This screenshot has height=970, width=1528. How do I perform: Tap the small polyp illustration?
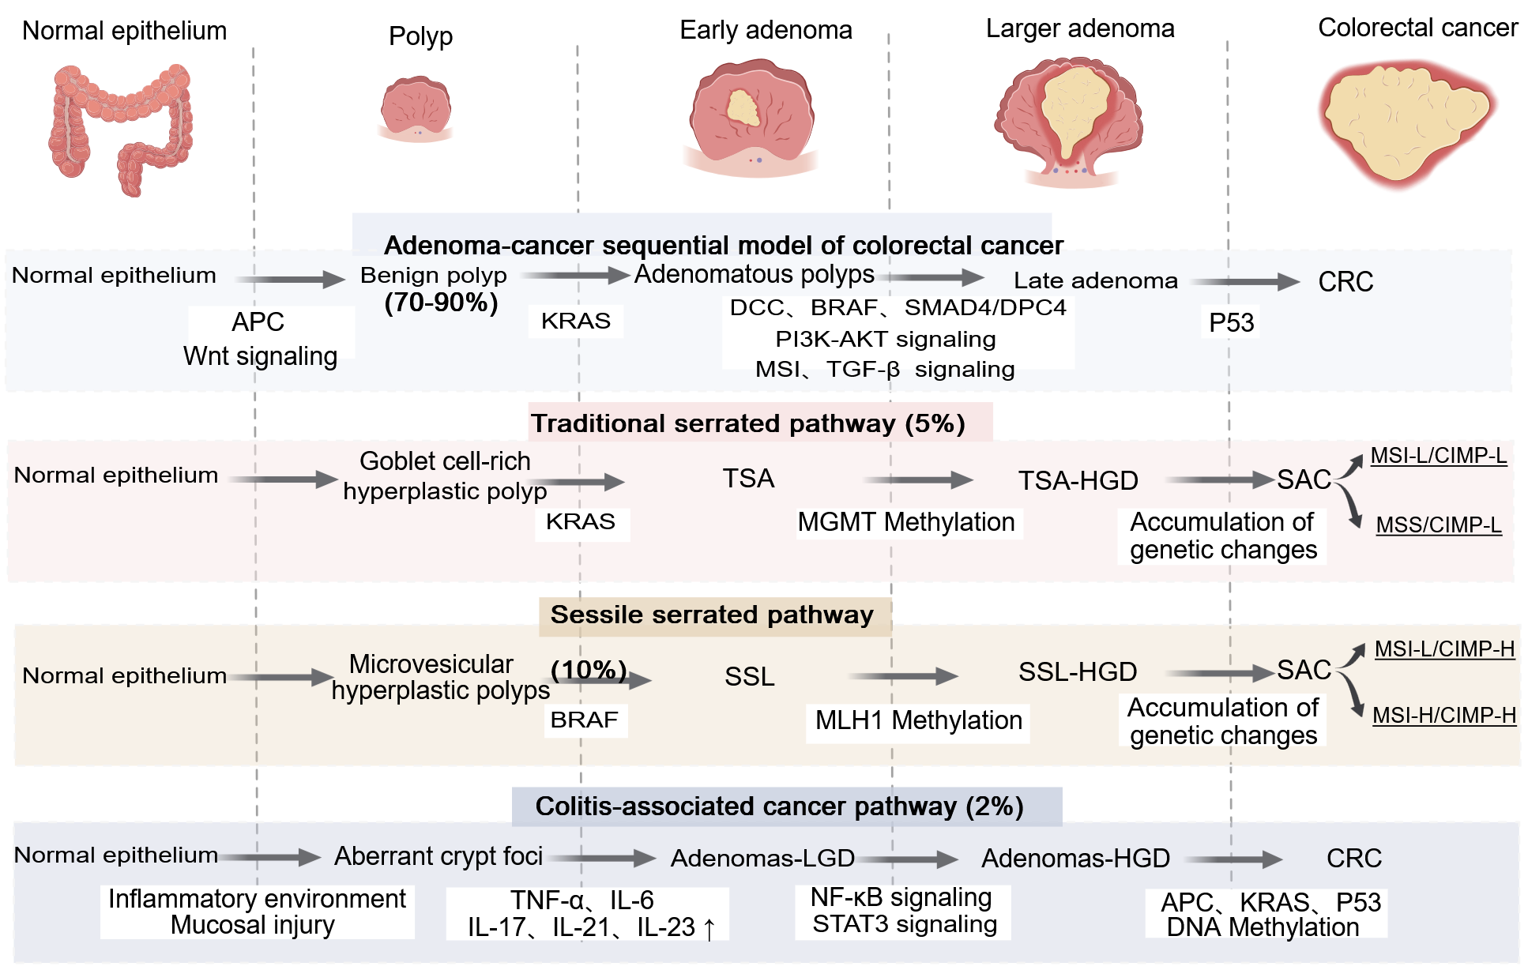click(x=416, y=109)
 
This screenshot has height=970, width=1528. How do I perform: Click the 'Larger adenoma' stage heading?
click(x=1080, y=28)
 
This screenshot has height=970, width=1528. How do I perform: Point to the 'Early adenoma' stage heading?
click(x=766, y=30)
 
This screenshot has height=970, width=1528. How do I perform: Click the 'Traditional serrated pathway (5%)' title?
click(x=747, y=423)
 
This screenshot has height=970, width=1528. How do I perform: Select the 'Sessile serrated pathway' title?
click(x=712, y=615)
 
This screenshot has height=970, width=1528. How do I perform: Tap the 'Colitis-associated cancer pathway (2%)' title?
click(x=779, y=806)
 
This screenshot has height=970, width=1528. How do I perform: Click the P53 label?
click(x=1231, y=322)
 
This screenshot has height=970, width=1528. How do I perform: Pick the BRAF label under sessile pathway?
click(x=585, y=720)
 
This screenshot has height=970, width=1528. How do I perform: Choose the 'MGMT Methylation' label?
click(x=906, y=522)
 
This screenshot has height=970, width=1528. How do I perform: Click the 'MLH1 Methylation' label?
click(x=918, y=720)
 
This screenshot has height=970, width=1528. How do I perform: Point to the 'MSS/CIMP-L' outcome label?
click(x=1438, y=525)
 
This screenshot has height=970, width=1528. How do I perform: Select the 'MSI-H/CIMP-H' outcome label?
click(x=1443, y=715)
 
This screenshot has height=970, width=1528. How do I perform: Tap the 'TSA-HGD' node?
click(x=1078, y=480)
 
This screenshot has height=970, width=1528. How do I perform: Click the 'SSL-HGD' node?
click(x=1078, y=672)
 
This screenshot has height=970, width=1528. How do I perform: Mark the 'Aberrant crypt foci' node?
click(x=438, y=856)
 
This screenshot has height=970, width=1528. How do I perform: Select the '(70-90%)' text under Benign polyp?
click(x=441, y=303)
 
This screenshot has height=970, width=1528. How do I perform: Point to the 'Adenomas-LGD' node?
click(x=762, y=858)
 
